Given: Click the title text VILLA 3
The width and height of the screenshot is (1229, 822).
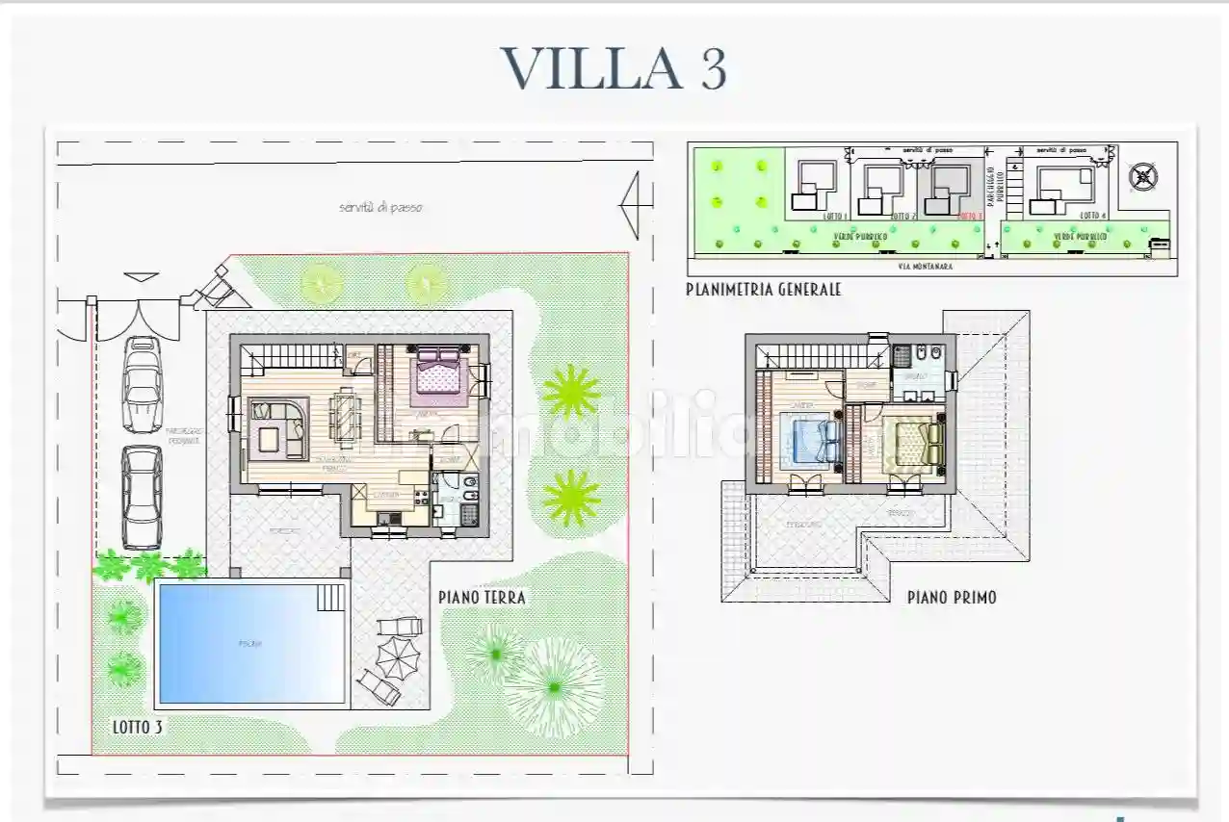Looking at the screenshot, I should click(x=614, y=68).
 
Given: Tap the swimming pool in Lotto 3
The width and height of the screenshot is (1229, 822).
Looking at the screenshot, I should click(x=248, y=642).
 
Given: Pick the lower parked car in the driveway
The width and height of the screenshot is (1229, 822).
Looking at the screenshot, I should click(x=142, y=496).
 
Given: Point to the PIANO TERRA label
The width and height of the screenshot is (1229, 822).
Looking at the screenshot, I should click(x=482, y=598).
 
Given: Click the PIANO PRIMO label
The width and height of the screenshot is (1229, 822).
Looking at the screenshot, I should click(x=952, y=598).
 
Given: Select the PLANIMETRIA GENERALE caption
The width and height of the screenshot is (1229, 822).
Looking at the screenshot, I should click(x=764, y=289).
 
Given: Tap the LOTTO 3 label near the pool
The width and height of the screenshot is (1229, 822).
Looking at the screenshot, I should click(x=136, y=728).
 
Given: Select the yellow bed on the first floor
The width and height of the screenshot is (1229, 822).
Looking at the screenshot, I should click(x=918, y=444).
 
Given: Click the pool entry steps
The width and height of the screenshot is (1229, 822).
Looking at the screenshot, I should click(x=330, y=598).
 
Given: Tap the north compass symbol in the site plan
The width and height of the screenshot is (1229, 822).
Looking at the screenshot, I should click(x=1142, y=176).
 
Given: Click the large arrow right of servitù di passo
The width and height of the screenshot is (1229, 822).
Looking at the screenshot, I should click(x=630, y=205).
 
